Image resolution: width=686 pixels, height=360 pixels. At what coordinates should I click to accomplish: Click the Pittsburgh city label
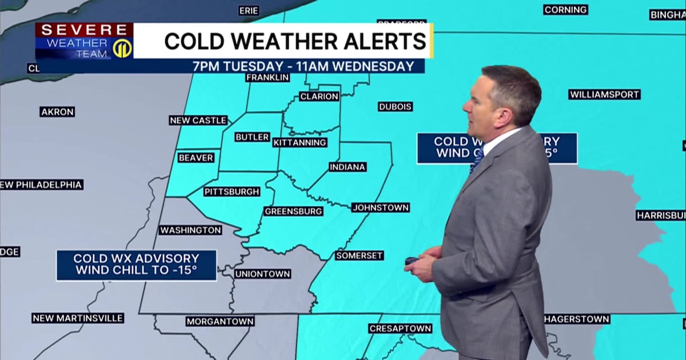[x=232, y=192]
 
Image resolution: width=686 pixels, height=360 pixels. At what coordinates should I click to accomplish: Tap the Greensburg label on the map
[x=294, y=211]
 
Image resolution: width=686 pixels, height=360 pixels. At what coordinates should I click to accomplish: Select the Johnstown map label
[x=380, y=207]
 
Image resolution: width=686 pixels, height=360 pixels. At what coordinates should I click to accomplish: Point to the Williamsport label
[x=604, y=94]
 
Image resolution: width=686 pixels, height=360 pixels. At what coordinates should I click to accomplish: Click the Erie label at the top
[x=249, y=11]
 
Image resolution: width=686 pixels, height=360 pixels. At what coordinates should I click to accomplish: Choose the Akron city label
[x=57, y=112]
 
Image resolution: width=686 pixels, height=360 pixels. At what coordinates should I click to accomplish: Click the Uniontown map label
[x=262, y=274]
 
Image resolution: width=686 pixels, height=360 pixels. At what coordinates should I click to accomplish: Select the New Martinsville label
[x=78, y=318]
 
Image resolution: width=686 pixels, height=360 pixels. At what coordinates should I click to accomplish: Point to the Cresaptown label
[x=400, y=329]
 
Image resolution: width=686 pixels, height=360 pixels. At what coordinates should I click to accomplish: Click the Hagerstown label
[x=577, y=319]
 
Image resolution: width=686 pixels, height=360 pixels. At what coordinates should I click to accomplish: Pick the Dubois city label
[x=395, y=107]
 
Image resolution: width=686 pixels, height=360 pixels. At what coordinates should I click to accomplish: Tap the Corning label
[x=565, y=10]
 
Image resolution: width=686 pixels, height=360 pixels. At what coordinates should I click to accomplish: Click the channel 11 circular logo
[x=122, y=49]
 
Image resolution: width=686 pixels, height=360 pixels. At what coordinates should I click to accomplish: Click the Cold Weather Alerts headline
[x=295, y=41]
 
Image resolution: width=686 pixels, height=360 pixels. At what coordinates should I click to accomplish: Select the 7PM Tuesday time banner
[x=303, y=66]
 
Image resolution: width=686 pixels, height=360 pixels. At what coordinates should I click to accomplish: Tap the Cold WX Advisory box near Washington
[x=136, y=265]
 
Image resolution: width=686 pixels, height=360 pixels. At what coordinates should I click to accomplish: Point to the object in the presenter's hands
[x=411, y=261]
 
